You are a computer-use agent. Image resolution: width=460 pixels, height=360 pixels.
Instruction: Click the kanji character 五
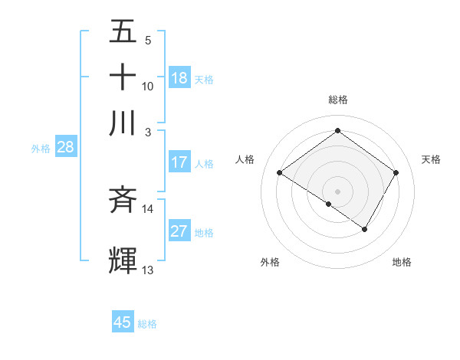123,33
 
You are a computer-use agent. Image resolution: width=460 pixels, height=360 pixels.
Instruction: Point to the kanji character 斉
123,200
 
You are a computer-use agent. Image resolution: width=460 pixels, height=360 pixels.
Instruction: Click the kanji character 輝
123,260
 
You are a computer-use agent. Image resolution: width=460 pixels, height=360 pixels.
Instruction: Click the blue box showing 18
179,78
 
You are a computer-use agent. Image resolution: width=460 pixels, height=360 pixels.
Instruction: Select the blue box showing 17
179,162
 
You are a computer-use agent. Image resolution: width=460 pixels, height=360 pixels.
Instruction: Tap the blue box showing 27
179,232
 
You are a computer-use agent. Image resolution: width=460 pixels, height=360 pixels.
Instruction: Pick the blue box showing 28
65,149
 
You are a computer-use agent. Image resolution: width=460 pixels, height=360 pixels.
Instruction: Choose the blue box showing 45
123,322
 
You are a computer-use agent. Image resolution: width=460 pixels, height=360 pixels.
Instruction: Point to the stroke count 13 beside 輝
147,270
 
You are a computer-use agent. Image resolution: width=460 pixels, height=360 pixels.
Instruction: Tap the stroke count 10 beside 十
147,87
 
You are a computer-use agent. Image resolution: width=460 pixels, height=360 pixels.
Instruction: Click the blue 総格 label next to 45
147,324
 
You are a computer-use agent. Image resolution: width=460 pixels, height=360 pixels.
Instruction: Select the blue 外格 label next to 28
41,149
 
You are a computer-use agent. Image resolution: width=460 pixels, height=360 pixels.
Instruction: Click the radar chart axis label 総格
337,100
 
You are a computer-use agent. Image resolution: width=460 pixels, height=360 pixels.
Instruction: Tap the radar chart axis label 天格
431,159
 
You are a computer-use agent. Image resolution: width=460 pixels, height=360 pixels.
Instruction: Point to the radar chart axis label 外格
270,262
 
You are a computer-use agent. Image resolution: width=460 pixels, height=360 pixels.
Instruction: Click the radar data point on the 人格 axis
279,173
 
